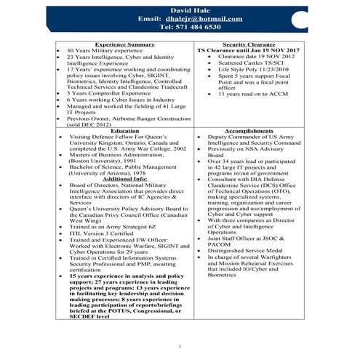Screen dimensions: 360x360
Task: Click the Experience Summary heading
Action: click(124, 44)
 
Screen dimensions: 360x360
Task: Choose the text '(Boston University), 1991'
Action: click(107, 160)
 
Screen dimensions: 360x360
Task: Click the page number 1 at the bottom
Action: click(179, 346)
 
